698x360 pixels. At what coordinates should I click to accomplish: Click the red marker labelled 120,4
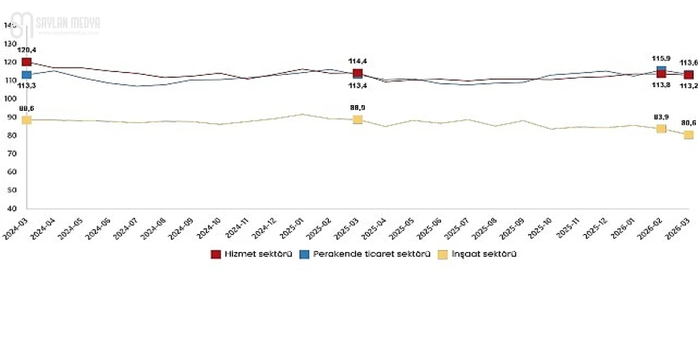[27, 63]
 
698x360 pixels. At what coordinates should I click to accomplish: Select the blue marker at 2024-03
[27, 75]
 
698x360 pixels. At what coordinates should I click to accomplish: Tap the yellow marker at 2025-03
[358, 120]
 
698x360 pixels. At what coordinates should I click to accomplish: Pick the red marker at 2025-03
[358, 73]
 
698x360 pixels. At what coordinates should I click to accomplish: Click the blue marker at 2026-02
[661, 70]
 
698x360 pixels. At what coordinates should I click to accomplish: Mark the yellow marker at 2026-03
[689, 135]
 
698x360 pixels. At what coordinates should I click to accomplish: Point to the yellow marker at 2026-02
[661, 129]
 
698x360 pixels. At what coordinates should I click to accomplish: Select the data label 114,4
[358, 60]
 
